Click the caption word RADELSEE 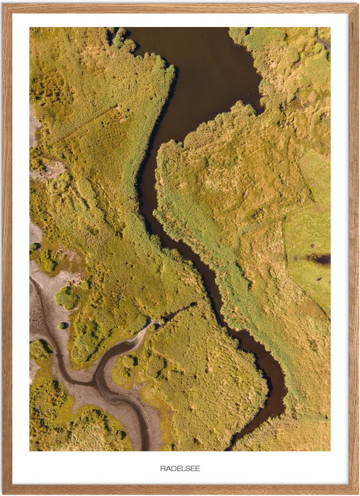pos(180,468)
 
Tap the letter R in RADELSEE pos(163,468)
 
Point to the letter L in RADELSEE pos(181,468)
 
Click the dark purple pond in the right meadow pos(319,259)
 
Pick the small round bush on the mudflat pos(63,325)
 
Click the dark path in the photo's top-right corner pos(324,43)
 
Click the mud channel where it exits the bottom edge pos(145,446)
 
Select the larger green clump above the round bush pos(67,298)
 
